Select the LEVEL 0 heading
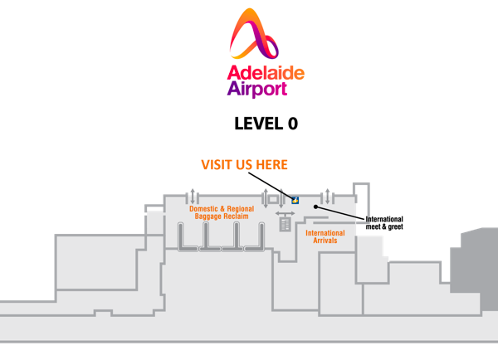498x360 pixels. (266, 124)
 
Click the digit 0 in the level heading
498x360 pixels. (291, 124)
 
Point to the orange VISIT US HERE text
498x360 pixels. (245, 164)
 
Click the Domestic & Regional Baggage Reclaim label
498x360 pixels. (222, 212)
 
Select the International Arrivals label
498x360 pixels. (325, 237)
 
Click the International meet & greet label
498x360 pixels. (384, 222)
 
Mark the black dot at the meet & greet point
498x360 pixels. (315, 205)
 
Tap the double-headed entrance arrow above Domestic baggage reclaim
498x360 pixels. (193, 197)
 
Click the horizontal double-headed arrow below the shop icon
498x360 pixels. (286, 214)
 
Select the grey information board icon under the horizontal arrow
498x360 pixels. (286, 225)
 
